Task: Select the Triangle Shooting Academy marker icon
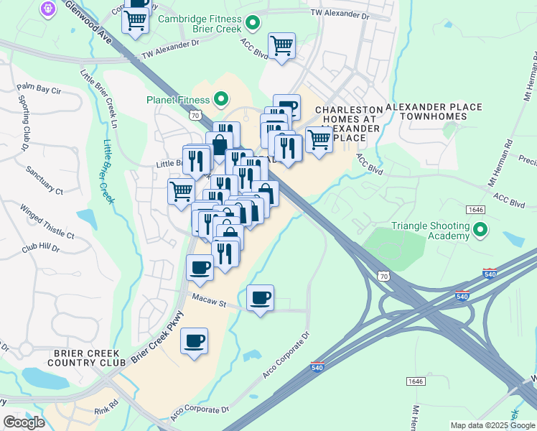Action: click(x=480, y=230)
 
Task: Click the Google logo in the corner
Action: click(x=24, y=422)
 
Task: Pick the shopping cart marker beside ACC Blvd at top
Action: click(x=281, y=45)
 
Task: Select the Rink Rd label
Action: click(x=105, y=412)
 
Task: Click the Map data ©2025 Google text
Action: click(x=492, y=425)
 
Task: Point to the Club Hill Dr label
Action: click(x=40, y=247)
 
